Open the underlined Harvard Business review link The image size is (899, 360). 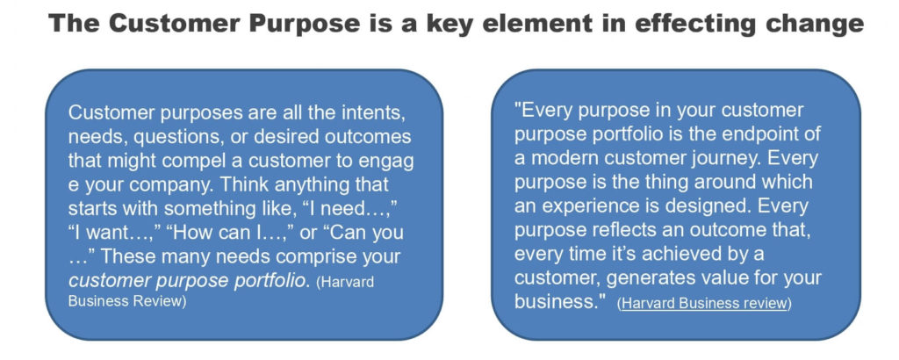pyautogui.click(x=704, y=303)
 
